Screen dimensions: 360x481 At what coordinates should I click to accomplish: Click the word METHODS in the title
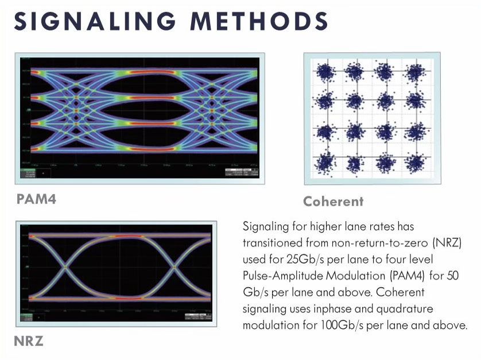click(x=259, y=22)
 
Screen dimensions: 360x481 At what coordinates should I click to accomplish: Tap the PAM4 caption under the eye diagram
click(x=37, y=200)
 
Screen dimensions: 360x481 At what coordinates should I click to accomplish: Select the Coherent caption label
click(x=333, y=202)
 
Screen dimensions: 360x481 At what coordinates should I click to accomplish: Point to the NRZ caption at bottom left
click(x=29, y=342)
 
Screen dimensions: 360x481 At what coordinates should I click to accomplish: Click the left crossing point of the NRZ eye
click(x=66, y=267)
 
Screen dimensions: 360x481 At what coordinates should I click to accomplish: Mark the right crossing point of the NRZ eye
click(x=174, y=267)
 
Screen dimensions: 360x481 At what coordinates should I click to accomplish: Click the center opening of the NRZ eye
click(x=121, y=267)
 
